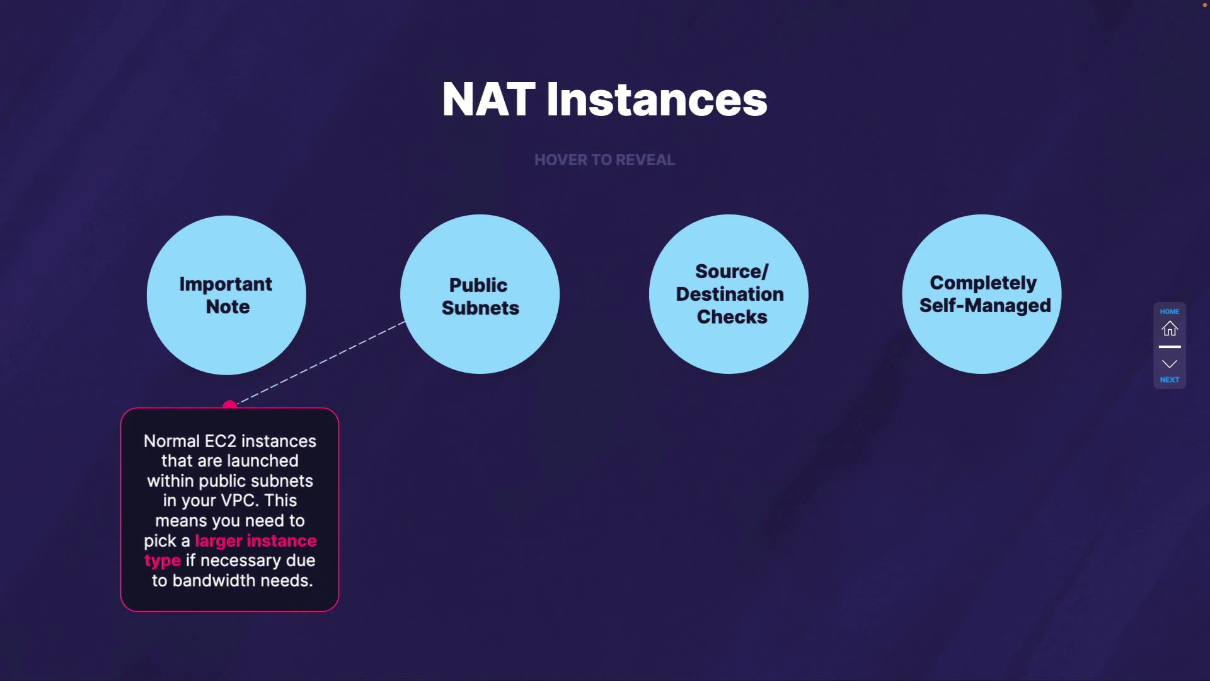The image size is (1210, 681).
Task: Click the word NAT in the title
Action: [x=488, y=100]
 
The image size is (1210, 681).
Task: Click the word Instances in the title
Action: [x=657, y=100]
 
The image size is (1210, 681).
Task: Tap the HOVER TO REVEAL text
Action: [x=604, y=160]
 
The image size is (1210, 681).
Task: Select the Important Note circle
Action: [x=226, y=294]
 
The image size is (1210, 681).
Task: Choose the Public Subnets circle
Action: [x=480, y=294]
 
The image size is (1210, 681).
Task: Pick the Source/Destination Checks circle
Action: [x=729, y=294]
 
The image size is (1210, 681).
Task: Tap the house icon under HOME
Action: [x=1170, y=329]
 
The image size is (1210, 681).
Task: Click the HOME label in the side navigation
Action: [x=1170, y=311]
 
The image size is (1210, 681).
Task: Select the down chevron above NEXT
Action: [x=1170, y=364]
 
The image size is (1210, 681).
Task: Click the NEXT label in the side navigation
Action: [x=1170, y=380]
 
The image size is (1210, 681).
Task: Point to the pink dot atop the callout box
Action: [x=230, y=405]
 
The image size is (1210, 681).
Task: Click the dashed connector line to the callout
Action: [x=321, y=362]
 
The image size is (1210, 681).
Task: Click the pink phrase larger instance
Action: [x=256, y=541]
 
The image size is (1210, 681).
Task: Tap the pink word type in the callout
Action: [x=163, y=561]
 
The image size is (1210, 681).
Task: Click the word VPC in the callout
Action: [x=238, y=501]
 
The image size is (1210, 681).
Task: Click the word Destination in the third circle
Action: [x=730, y=294]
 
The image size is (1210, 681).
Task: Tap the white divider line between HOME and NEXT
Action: [x=1170, y=347]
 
